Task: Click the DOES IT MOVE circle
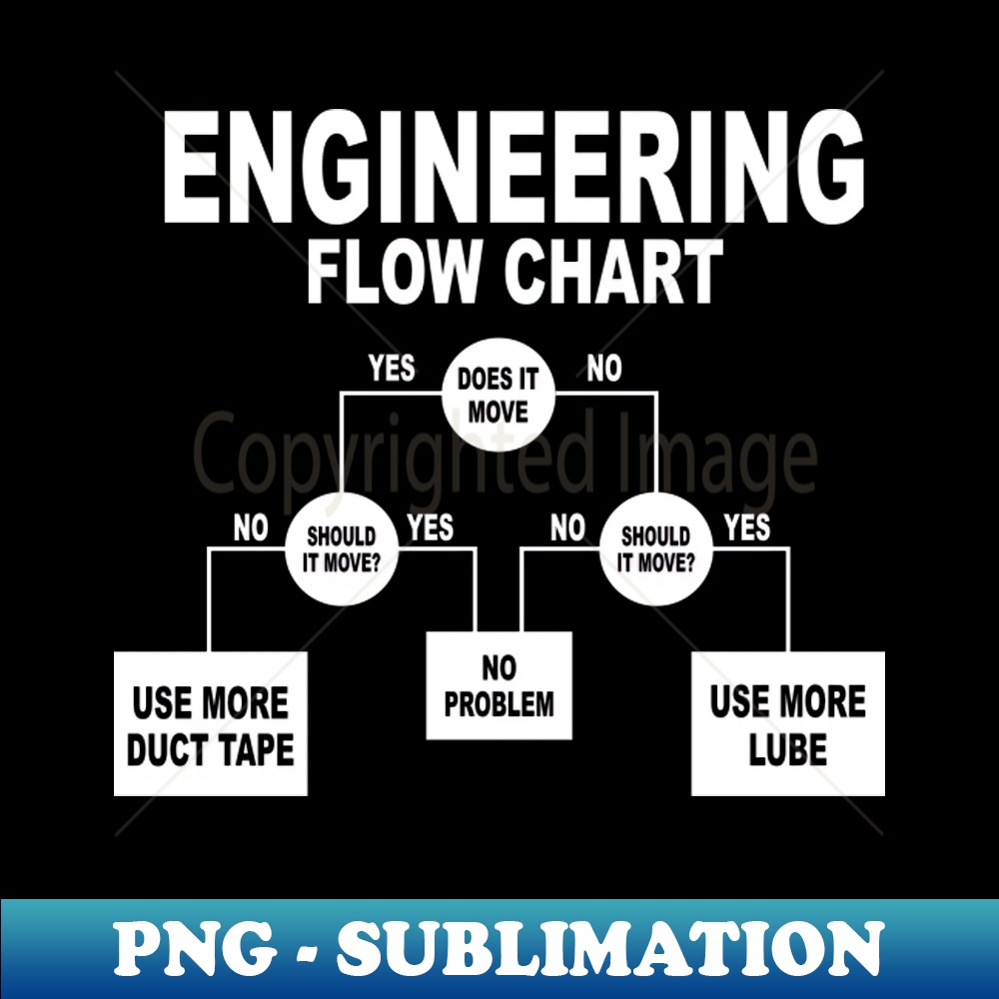coord(498,395)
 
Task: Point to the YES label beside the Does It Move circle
coord(392,369)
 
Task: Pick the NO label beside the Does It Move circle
coord(603,369)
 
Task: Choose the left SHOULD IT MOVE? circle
coord(342,548)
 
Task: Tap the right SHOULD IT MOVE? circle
coord(656,548)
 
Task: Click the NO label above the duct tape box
coord(251,528)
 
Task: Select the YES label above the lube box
coord(747,527)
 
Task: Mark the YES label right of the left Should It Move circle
coord(431,527)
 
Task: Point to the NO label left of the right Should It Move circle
coord(567,528)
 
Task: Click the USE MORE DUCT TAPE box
coord(210,723)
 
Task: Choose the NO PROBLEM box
coord(499,685)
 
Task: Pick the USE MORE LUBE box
coord(787,723)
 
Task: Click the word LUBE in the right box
coord(787,749)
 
